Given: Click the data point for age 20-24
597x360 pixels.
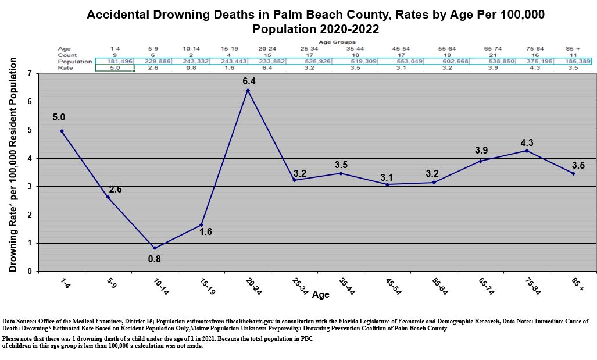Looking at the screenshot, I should pyautogui.click(x=248, y=90).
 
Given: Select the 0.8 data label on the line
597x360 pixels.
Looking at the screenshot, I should pyautogui.click(x=154, y=259).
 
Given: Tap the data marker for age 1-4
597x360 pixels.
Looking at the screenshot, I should pyautogui.click(x=62, y=131).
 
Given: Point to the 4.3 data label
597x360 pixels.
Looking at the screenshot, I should pyautogui.click(x=527, y=140).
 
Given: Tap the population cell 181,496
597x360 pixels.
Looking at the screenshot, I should pyautogui.click(x=115, y=61).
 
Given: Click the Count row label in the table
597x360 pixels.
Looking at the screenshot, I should pyautogui.click(x=67, y=55).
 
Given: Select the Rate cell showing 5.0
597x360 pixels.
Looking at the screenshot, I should pyautogui.click(x=115, y=67).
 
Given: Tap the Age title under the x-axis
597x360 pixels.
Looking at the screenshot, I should pyautogui.click(x=320, y=295).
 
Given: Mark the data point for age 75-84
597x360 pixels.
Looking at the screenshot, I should pyautogui.click(x=527, y=151).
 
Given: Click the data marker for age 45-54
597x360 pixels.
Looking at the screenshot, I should pyautogui.click(x=387, y=184).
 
